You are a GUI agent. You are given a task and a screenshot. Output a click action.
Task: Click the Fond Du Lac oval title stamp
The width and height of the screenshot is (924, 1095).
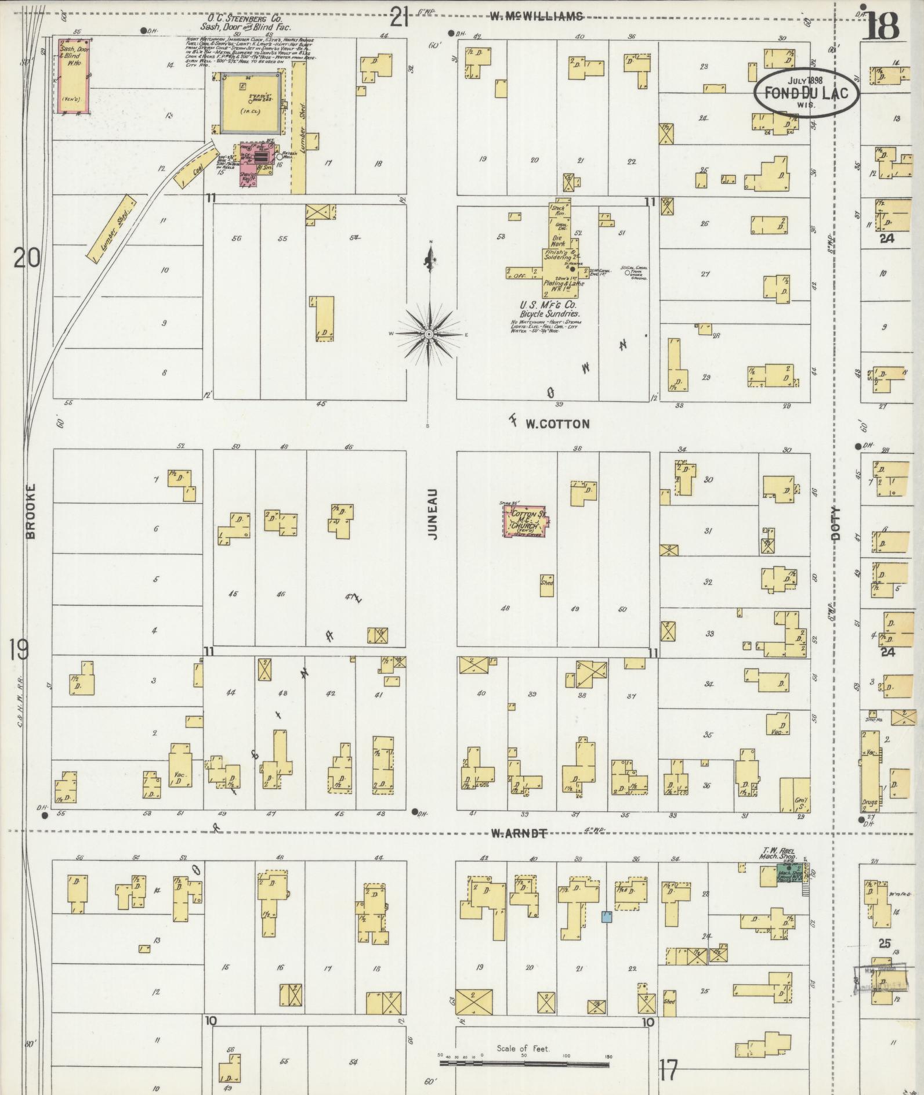[x=806, y=93]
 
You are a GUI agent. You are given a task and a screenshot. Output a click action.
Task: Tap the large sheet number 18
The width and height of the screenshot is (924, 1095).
[x=880, y=26]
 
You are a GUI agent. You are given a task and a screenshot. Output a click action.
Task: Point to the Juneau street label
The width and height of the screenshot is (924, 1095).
[x=432, y=514]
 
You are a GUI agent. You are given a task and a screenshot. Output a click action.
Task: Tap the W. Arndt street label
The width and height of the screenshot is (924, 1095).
[x=519, y=834]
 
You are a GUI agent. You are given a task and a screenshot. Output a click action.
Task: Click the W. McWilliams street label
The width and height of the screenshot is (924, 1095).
[x=536, y=17]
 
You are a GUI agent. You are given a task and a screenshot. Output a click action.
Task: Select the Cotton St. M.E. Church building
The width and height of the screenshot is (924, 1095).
[x=526, y=520]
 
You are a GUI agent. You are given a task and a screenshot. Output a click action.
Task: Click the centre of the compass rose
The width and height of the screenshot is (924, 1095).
[x=429, y=335]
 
